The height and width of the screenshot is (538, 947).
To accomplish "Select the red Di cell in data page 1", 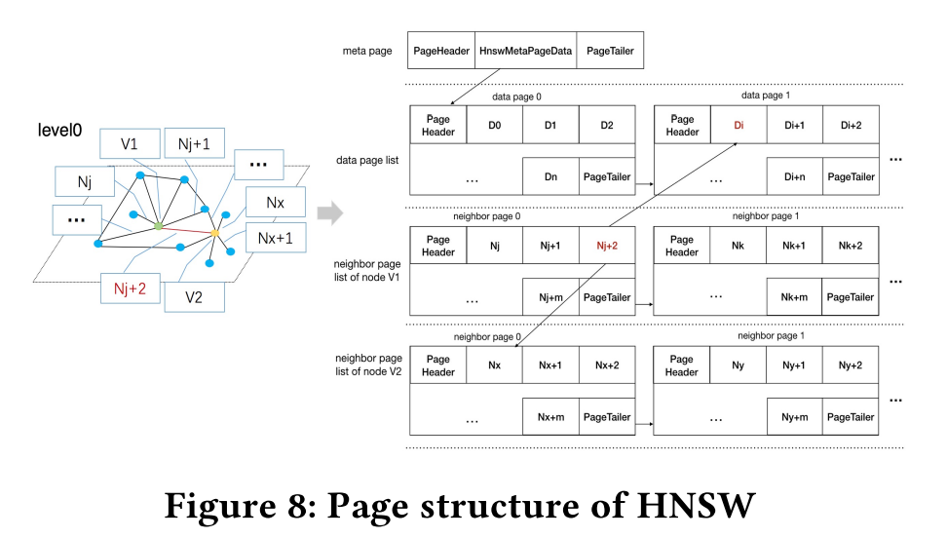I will pos(739,126).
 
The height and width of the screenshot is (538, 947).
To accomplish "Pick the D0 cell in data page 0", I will pos(494,126).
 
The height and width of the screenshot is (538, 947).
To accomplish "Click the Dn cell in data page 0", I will pos(550,177).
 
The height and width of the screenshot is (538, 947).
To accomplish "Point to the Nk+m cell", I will pos(794,297).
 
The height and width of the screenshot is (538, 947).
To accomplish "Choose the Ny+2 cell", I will pos(851,365).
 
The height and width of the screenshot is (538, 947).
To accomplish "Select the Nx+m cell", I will pos(550,416).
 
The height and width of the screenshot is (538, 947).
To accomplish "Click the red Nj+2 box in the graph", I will pos(130,288).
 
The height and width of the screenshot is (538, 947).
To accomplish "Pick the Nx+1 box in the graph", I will pos(275,237).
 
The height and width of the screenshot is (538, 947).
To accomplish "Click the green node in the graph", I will pos(158,226).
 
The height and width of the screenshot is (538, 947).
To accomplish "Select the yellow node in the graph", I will pos(214,233).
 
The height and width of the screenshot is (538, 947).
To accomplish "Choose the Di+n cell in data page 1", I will pos(794,177).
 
